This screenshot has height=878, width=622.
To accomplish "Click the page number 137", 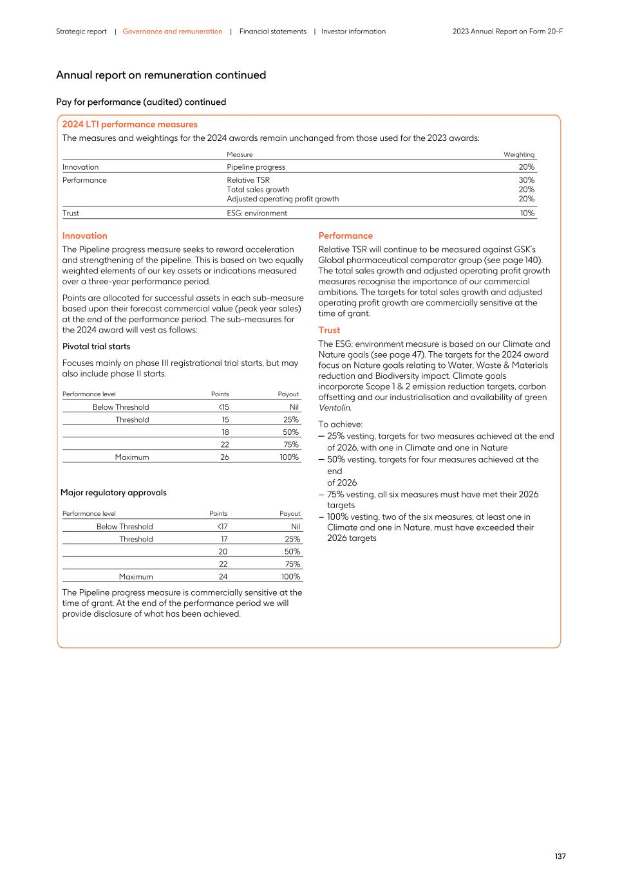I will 560,856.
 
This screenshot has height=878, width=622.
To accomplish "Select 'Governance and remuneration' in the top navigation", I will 173,32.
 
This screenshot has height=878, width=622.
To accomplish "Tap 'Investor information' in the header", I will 353,32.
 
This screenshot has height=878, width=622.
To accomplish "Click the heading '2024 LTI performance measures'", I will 129,124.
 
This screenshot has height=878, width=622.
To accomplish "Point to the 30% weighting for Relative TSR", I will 526,180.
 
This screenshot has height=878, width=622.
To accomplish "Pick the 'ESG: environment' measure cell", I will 257,213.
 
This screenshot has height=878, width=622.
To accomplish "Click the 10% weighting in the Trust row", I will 527,213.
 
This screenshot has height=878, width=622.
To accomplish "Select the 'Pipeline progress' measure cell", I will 256,167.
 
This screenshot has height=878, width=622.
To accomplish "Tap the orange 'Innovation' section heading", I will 84,235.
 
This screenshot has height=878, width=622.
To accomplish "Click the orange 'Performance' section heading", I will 345,235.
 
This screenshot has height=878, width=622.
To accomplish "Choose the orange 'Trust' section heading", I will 329,330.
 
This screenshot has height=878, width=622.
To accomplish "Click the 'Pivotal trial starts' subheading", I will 96,347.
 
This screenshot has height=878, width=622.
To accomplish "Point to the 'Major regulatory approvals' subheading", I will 113,493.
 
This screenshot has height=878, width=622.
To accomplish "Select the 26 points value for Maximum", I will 224,457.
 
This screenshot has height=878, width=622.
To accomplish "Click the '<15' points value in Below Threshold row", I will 223,407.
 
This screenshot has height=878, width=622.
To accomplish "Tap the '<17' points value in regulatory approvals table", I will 221,527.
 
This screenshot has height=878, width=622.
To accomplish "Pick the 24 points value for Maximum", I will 223,577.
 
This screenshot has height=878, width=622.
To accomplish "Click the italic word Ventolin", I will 334,408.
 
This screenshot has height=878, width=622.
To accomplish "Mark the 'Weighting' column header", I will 518,154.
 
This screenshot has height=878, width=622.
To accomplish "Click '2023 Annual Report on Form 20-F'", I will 507,32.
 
